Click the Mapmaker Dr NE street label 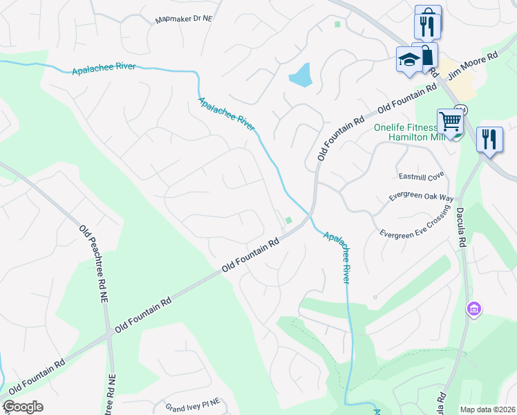tap(184, 19)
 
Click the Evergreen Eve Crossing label tap(415, 225)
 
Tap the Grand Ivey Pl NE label tap(192, 401)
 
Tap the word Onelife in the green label tap(391, 127)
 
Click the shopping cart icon tap(450, 122)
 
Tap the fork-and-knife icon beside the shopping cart tap(489, 139)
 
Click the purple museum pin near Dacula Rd tap(474, 308)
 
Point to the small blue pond tap(301, 75)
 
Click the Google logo tap(23, 407)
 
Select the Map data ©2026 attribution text tap(487, 409)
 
